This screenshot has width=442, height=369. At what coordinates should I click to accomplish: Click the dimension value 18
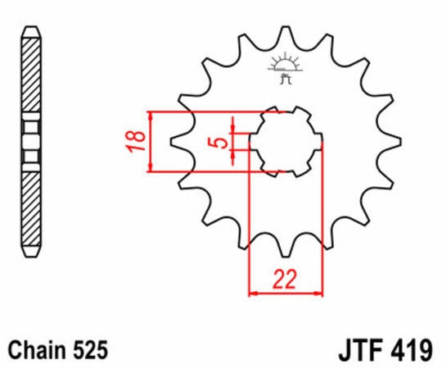click(138, 141)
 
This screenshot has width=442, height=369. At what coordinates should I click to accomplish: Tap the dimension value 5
click(216, 143)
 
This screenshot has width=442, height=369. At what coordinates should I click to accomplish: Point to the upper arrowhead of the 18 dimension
click(151, 115)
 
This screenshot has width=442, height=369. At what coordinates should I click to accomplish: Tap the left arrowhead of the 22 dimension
click(253, 291)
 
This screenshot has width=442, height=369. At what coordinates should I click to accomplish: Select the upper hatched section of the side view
click(30, 74)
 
